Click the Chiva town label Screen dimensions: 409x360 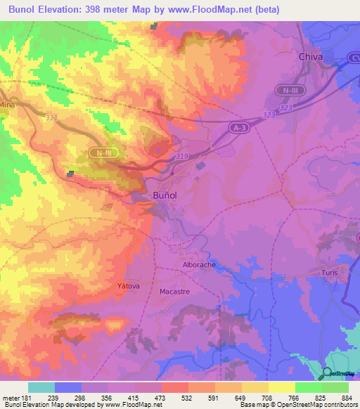tap(311, 56)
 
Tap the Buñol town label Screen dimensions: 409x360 tap(169, 196)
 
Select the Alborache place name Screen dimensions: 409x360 tap(199, 265)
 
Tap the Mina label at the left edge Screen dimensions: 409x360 tap(7, 104)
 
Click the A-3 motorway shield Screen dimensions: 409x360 tap(240, 126)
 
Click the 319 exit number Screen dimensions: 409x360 tap(181, 156)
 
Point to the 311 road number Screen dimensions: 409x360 tap(51, 117)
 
